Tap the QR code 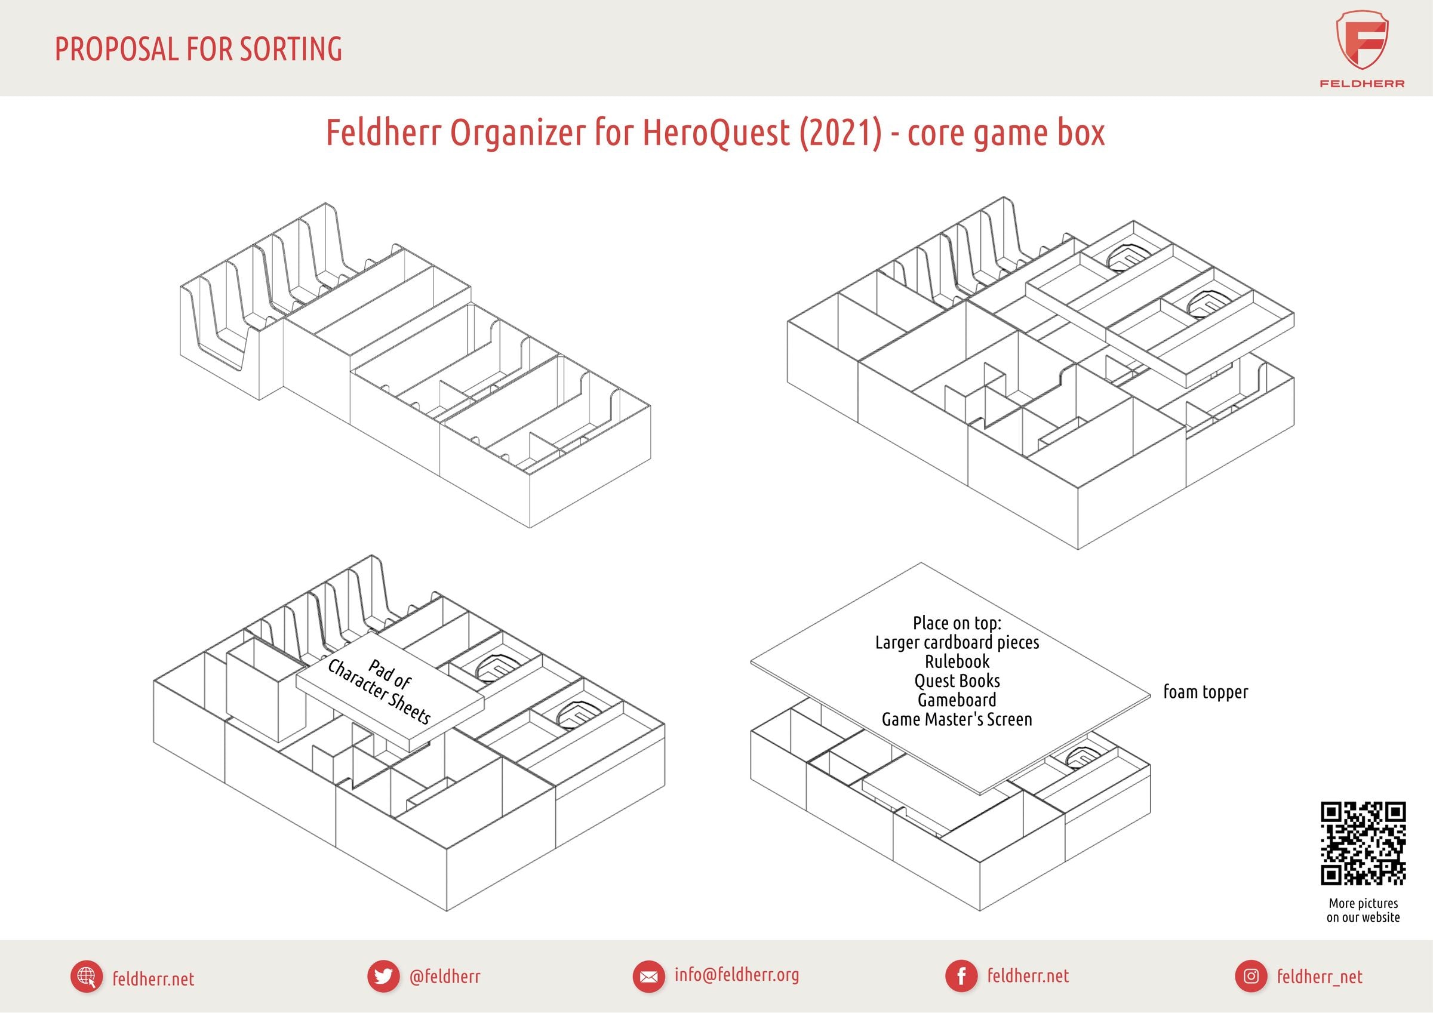pos(1363,843)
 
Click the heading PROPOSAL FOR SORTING pos(198,50)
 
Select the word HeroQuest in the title pos(715,133)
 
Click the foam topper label pos(1205,692)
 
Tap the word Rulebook pos(957,661)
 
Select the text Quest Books pos(957,681)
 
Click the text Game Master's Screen pos(957,720)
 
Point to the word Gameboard pos(957,700)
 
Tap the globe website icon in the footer pos(86,977)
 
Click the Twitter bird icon pos(383,976)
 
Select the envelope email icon pos(648,976)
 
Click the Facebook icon pos(961,976)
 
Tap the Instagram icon pos(1251,976)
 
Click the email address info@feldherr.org pos(736,975)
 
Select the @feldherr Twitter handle pos(444,976)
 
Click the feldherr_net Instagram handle pos(1320,977)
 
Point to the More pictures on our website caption pos(1363,910)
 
